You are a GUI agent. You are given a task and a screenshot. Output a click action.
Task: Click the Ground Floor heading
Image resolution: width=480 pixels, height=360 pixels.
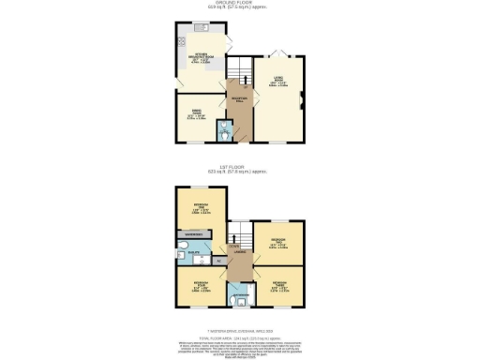tap(239, 4)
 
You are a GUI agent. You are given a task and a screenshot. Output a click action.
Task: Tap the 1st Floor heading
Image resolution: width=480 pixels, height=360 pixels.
tap(239, 170)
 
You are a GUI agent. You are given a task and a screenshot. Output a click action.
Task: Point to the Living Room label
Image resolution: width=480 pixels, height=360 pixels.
tap(278, 82)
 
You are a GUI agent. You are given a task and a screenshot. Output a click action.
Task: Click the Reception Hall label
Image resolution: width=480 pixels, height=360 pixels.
tap(240, 101)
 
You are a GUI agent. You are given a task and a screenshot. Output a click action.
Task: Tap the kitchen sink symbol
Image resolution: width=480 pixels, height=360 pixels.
tap(201, 28)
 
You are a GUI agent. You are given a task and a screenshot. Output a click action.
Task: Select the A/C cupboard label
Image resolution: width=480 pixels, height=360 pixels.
tap(218, 260)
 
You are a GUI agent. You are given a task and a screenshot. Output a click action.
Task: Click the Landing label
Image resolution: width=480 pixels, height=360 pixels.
tap(240, 250)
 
